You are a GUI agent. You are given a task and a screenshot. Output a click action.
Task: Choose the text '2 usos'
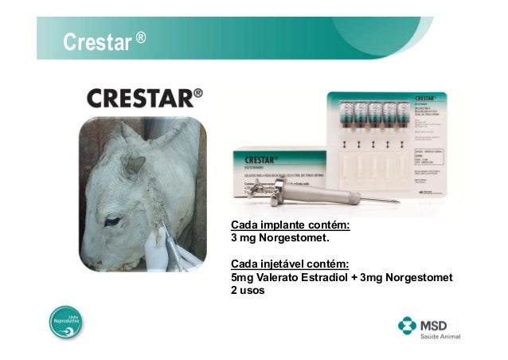pos(247,290)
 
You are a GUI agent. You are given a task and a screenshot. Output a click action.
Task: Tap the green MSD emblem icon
pos(408,327)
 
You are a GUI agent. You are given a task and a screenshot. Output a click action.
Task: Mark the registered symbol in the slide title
pos(140,37)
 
